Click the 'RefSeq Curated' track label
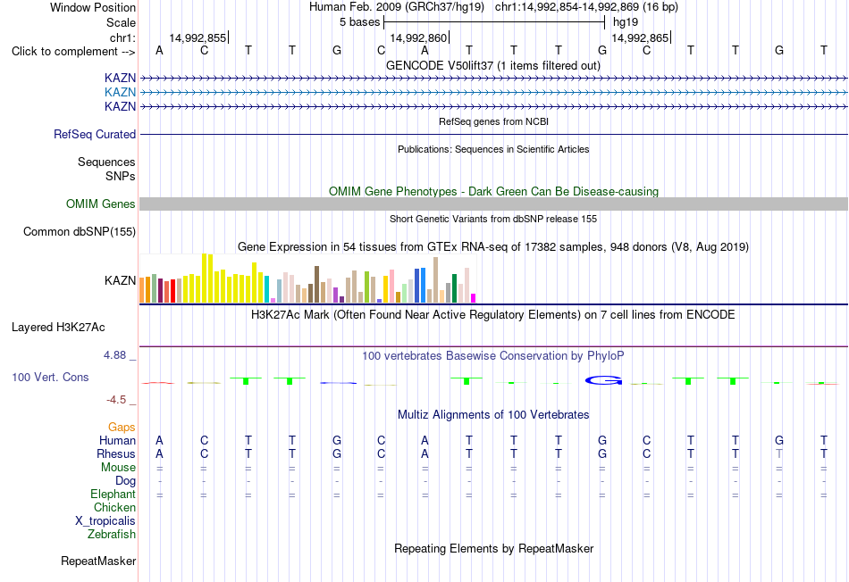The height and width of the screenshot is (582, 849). click(94, 134)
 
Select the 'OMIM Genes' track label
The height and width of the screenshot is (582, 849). click(100, 204)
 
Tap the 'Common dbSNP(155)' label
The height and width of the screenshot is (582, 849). click(79, 231)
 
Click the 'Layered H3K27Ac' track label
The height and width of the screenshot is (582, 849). click(58, 328)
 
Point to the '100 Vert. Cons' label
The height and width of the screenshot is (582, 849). click(50, 377)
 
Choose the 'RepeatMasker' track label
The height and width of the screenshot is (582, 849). click(98, 561)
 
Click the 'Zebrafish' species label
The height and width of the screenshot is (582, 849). click(112, 535)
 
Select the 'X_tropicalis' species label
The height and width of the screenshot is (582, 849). click(105, 521)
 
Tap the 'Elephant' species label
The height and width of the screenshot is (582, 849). click(113, 495)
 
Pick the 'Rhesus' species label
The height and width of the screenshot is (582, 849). click(116, 453)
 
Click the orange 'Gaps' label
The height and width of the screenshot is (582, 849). click(122, 428)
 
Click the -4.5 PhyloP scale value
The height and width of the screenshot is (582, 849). click(116, 400)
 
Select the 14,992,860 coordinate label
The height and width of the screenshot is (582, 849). click(418, 37)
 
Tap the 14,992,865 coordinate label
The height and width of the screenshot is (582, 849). click(640, 37)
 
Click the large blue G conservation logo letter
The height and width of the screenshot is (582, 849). click(603, 381)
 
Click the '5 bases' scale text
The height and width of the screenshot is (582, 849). click(359, 22)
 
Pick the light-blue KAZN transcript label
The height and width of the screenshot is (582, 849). click(121, 92)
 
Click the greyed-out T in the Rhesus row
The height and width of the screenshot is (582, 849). click(779, 453)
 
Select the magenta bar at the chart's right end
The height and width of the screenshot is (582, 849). click(474, 298)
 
